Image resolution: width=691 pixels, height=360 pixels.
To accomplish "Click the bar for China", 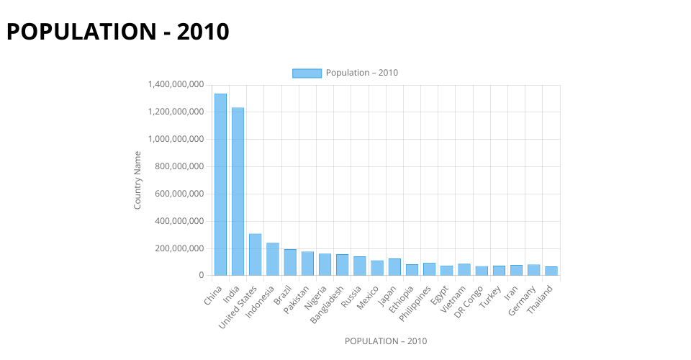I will [x=220, y=184].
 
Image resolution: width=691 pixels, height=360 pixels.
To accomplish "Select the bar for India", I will [x=238, y=192].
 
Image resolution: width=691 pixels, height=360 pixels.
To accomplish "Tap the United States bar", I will [x=255, y=254].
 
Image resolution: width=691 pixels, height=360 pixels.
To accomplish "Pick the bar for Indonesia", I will [x=273, y=259].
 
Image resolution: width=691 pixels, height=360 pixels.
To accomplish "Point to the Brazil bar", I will [x=290, y=262].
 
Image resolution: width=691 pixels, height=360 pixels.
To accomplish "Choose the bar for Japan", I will [x=394, y=267].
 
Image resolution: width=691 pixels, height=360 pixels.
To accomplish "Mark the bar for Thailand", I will [x=551, y=271].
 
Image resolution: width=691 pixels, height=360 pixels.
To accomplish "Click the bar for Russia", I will [x=360, y=266].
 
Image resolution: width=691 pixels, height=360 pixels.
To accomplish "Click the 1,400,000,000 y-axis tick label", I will [x=176, y=85].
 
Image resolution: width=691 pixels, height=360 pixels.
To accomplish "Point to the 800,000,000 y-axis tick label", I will [x=180, y=166].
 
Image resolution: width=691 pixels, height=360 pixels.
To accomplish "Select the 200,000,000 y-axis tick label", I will [x=180, y=248].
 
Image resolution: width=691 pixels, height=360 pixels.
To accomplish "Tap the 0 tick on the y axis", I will [x=202, y=275].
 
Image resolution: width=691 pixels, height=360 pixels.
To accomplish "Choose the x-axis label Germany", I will [x=524, y=301].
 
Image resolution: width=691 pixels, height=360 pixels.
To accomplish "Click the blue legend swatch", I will [x=307, y=73].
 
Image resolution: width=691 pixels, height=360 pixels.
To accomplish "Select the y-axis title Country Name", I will [x=137, y=180].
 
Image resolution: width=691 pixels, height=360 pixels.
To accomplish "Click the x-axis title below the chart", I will [x=385, y=341].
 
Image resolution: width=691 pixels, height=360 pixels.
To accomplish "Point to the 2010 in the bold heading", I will [x=203, y=32].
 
